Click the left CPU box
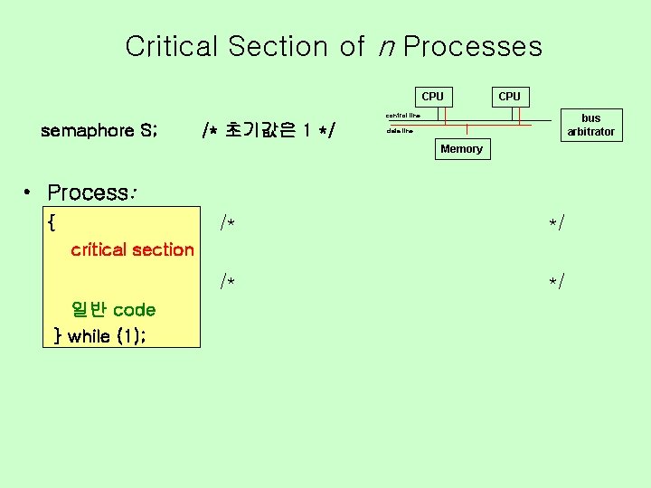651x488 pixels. (433, 97)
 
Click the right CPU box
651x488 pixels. (510, 97)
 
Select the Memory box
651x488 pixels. (461, 149)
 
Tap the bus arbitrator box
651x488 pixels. (590, 125)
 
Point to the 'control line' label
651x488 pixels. (402, 116)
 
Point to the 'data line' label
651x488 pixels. (399, 131)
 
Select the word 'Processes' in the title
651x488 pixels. (473, 46)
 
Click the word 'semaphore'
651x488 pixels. (88, 131)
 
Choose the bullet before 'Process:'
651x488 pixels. (30, 192)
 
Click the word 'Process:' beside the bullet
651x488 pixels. (91, 192)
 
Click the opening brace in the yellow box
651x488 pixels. (52, 221)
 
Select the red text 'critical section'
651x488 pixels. (132, 249)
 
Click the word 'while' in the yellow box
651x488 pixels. (89, 336)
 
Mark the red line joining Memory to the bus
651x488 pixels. (467, 131)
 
